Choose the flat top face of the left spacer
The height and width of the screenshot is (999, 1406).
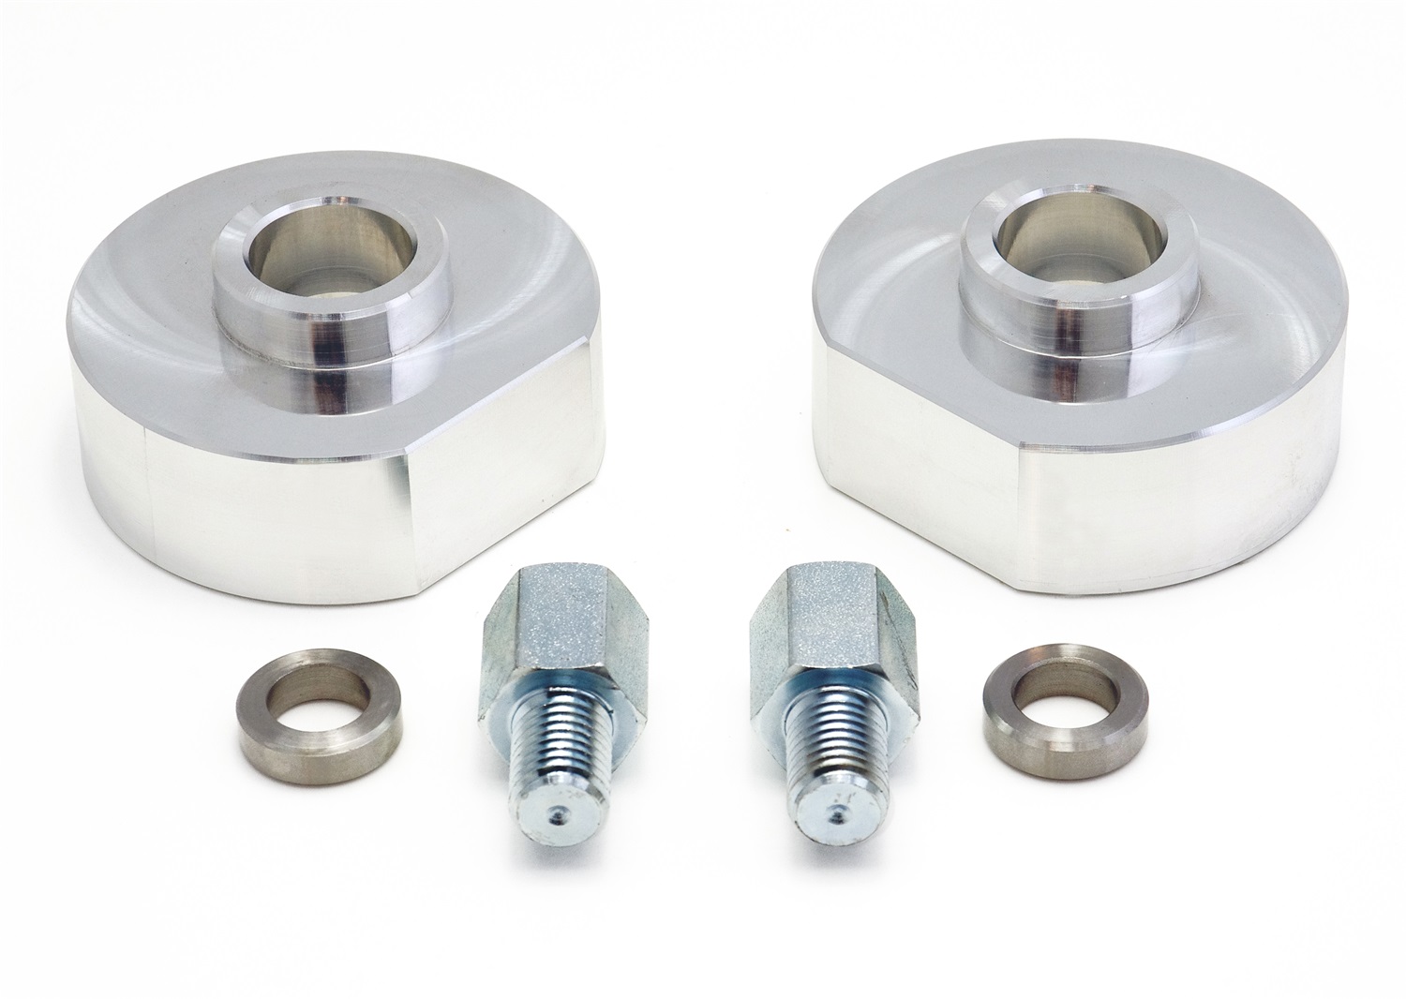tap(169, 309)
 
